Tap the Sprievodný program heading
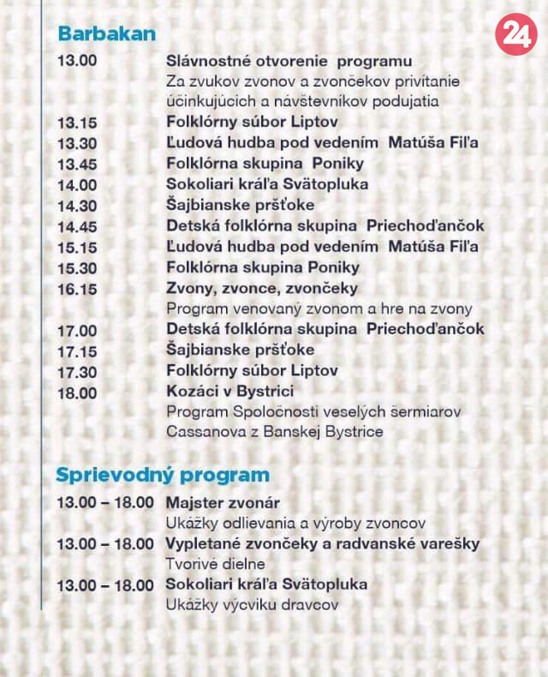tap(163, 475)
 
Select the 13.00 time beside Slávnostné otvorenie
tap(76, 61)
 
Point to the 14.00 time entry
tap(77, 184)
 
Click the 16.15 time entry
tap(77, 288)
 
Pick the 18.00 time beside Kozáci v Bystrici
tap(77, 392)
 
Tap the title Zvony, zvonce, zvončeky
tap(262, 288)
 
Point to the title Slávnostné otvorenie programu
tap(289, 61)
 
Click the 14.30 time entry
tap(77, 206)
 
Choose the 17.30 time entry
tap(77, 371)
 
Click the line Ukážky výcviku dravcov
tap(253, 605)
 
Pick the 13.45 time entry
tap(77, 164)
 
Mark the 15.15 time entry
tap(77, 247)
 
